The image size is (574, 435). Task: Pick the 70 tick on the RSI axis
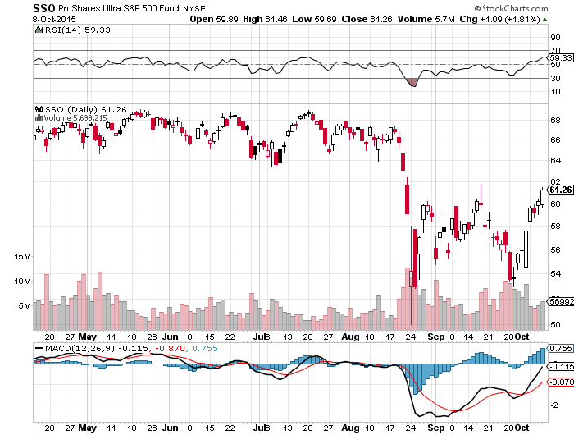(554, 51)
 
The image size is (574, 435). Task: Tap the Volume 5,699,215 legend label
(75, 117)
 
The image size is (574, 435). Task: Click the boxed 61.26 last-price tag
(559, 190)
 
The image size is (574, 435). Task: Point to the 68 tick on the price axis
(554, 120)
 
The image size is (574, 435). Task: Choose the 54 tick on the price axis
(554, 273)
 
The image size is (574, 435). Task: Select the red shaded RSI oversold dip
(412, 82)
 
